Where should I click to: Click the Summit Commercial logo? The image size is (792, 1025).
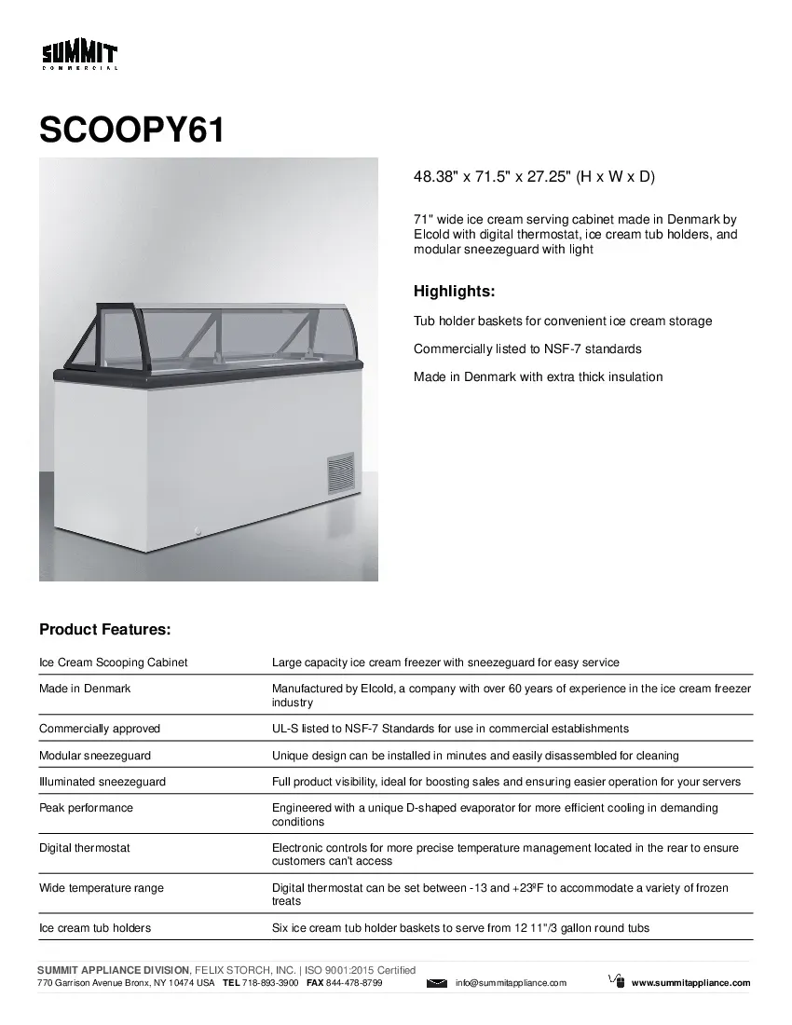tap(79, 56)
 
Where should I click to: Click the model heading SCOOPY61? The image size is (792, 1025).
tap(131, 130)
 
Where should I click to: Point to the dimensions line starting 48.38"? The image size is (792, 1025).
tap(527, 176)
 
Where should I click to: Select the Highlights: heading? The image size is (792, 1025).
tap(454, 292)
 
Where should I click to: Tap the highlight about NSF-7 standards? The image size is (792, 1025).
tap(527, 348)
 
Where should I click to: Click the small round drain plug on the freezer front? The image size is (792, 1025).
tap(198, 533)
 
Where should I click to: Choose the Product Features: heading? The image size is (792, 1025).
tap(104, 630)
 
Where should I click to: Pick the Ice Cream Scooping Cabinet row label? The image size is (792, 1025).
tap(114, 663)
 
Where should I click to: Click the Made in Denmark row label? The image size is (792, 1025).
tap(85, 689)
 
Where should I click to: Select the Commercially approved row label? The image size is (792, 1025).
tap(100, 729)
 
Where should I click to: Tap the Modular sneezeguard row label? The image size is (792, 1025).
tap(95, 756)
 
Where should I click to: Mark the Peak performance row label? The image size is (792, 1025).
tap(86, 808)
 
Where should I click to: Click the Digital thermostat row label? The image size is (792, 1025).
tap(85, 848)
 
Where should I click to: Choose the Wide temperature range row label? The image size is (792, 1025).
tap(102, 888)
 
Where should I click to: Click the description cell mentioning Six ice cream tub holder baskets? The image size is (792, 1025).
tap(460, 928)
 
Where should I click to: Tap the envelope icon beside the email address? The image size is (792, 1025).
tap(437, 983)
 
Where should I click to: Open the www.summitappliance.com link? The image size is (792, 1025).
tap(690, 983)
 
